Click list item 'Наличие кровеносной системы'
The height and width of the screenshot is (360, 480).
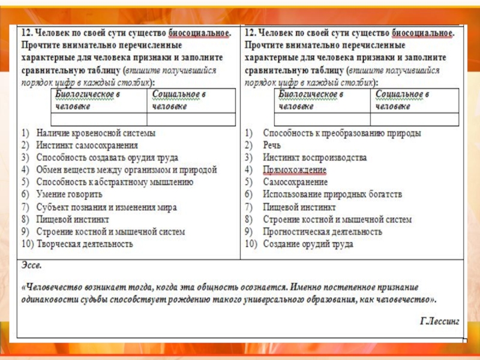coord(96,133)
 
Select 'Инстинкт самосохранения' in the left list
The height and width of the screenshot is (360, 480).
coord(87,145)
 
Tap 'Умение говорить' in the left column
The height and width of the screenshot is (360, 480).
coord(69,194)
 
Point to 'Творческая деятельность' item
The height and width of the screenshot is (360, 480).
coord(85,244)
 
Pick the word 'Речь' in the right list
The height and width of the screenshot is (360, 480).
coord(272,145)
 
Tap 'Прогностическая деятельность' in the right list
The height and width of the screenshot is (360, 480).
coord(322,232)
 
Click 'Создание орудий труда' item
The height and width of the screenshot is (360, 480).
coord(308,244)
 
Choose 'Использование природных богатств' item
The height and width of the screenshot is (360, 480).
coord(332,194)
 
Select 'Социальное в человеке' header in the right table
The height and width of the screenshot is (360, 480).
coord(401,100)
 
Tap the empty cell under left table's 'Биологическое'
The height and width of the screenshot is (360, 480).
coord(98,119)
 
